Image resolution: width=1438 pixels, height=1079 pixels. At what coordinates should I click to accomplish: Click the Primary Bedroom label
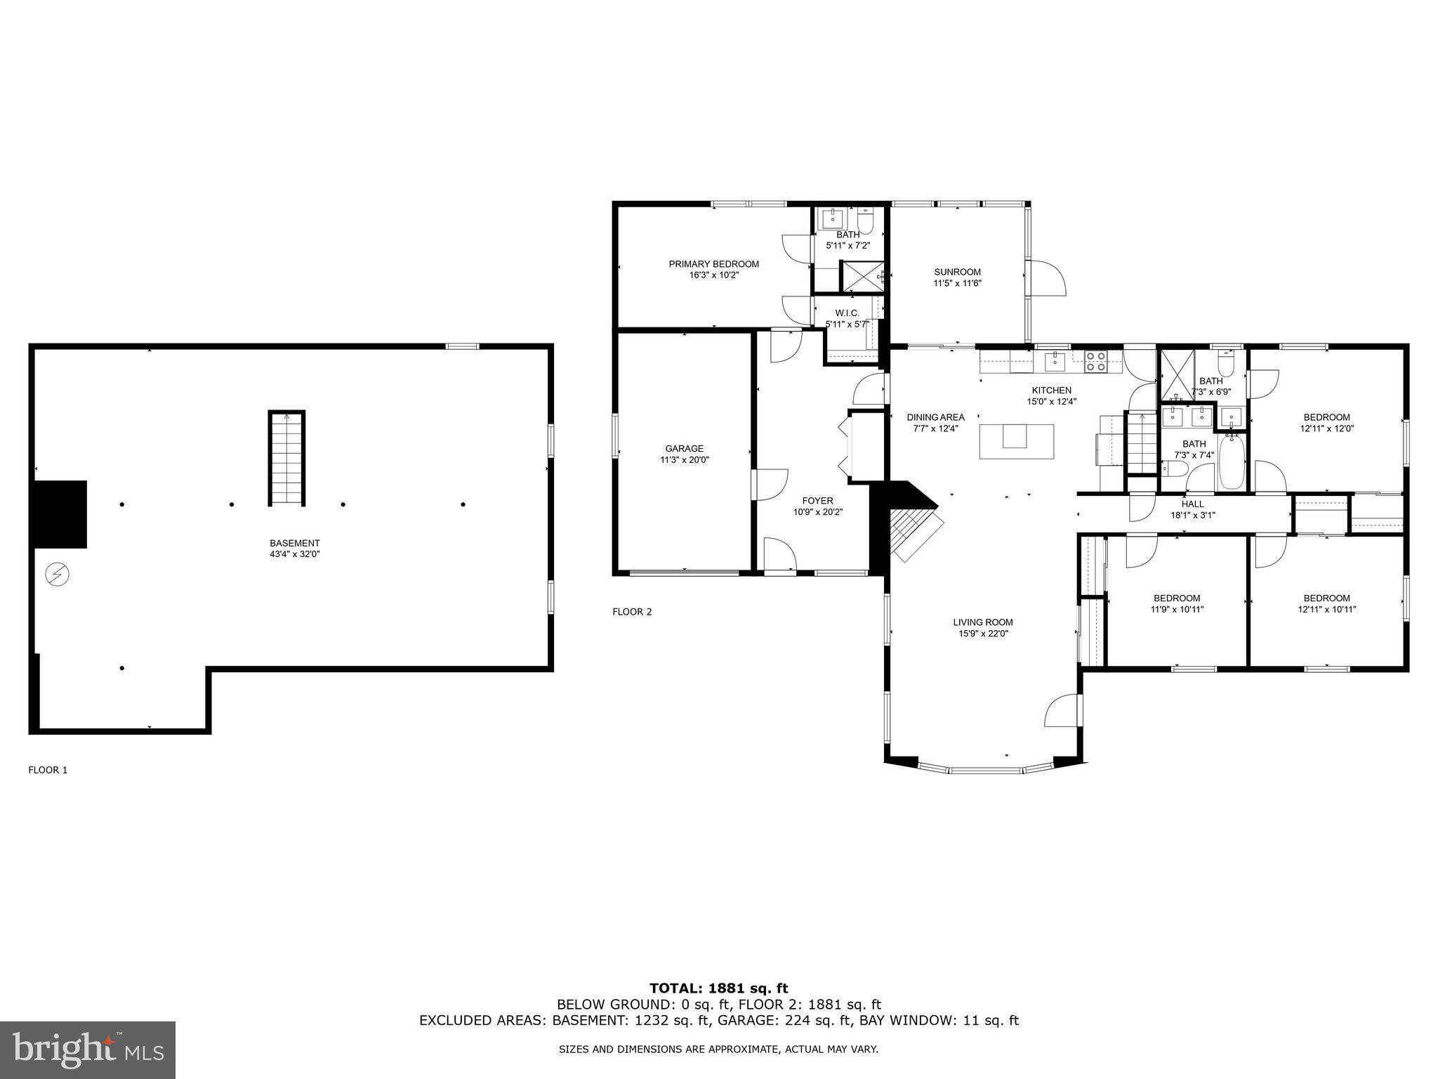tap(713, 264)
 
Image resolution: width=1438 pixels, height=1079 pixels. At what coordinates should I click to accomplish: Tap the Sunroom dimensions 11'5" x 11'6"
tap(957, 284)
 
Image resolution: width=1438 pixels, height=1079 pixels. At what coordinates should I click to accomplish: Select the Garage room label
tap(684, 448)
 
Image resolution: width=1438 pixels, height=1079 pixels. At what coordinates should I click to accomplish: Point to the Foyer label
tap(817, 501)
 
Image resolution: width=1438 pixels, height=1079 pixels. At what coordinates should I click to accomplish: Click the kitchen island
tap(1016, 441)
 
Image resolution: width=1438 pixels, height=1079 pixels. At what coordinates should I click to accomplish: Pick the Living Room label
tap(982, 622)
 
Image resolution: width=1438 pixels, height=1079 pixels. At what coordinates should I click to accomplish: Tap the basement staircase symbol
tap(286, 458)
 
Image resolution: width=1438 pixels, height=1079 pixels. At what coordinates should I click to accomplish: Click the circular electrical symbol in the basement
tap(57, 575)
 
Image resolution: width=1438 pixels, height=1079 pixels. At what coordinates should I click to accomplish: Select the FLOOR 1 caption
tap(48, 770)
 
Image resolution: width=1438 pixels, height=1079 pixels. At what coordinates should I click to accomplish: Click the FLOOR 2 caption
tap(632, 612)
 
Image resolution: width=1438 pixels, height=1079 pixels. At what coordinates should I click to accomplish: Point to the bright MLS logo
tap(88, 1049)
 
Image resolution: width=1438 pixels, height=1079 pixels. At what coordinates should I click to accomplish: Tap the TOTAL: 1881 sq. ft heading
tap(718, 989)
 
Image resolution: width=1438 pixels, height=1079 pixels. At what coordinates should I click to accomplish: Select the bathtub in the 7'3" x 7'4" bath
tap(1232, 462)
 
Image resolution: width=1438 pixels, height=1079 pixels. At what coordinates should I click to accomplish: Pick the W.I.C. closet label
tap(847, 313)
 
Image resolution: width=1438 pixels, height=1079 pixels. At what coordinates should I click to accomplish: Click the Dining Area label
tap(935, 417)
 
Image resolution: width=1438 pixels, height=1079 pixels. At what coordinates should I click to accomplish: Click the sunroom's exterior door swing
tap(1048, 278)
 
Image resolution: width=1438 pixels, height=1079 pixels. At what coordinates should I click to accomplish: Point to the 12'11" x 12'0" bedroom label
tap(1326, 422)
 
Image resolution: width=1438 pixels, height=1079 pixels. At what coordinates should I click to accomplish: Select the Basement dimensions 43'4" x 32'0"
tap(294, 554)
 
